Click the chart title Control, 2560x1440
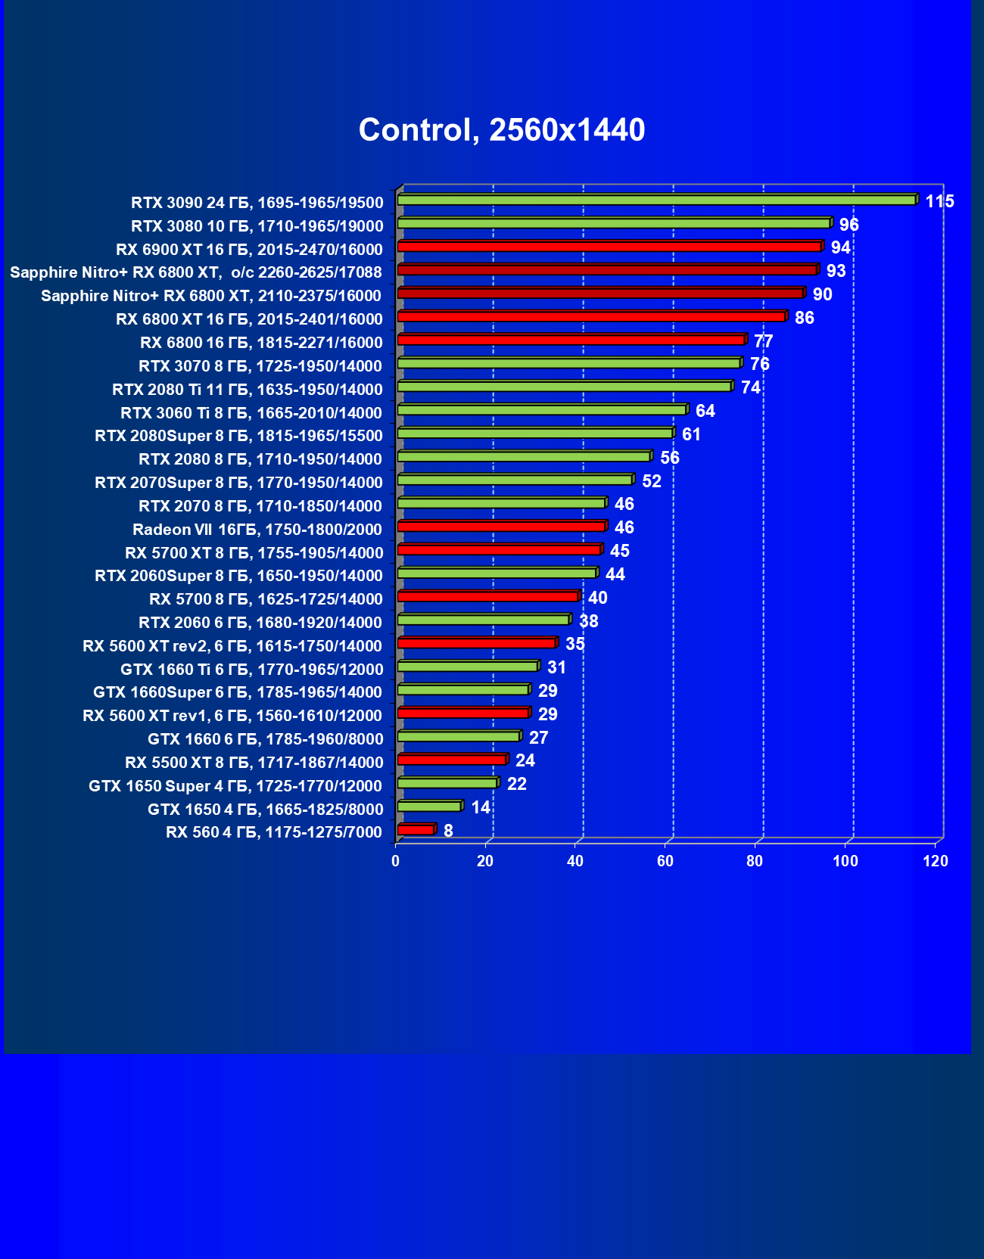(502, 130)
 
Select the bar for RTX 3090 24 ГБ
(657, 200)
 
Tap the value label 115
(939, 201)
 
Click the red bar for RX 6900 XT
(609, 247)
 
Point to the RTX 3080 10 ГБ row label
(257, 226)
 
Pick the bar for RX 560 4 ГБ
(416, 830)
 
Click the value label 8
(448, 831)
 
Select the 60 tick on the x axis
(665, 861)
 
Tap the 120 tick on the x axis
(936, 861)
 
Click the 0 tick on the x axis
(395, 861)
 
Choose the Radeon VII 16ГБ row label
(257, 530)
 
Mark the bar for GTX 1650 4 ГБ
(429, 807)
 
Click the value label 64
(705, 411)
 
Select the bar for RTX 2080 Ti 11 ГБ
(565, 387)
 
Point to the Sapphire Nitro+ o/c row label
(196, 272)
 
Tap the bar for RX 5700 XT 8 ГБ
(499, 550)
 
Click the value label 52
(651, 481)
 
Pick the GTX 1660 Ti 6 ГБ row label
(251, 670)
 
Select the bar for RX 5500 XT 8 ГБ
(452, 760)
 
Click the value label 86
(804, 318)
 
